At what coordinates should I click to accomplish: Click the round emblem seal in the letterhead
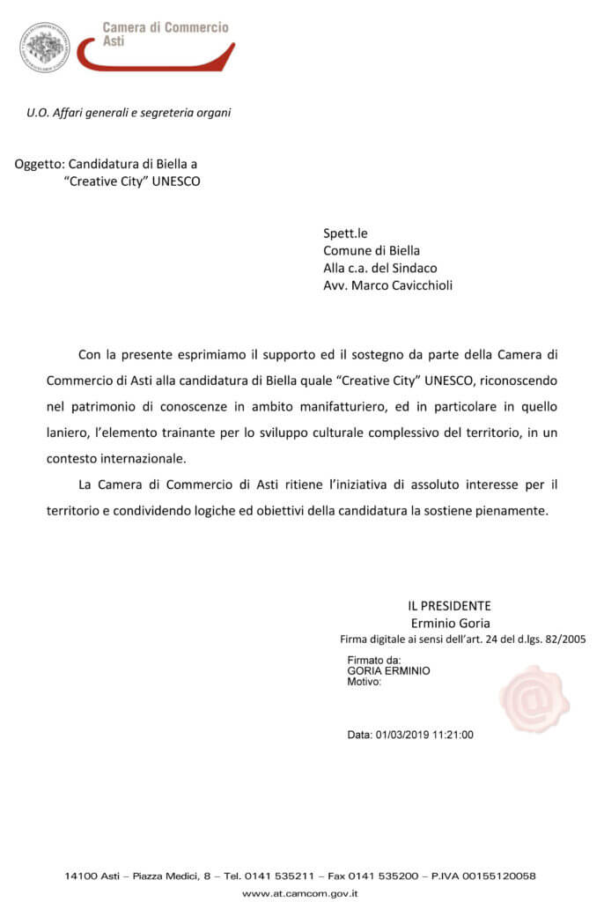[x=45, y=48]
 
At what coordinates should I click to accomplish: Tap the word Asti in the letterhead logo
[x=114, y=41]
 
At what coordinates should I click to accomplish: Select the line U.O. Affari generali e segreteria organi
[x=129, y=113]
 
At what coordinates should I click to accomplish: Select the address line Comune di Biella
[x=372, y=251]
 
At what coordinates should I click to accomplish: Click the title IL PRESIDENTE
[x=449, y=605]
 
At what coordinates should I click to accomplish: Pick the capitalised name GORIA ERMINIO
[x=389, y=670]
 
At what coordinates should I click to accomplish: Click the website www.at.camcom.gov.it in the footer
[x=300, y=893]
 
